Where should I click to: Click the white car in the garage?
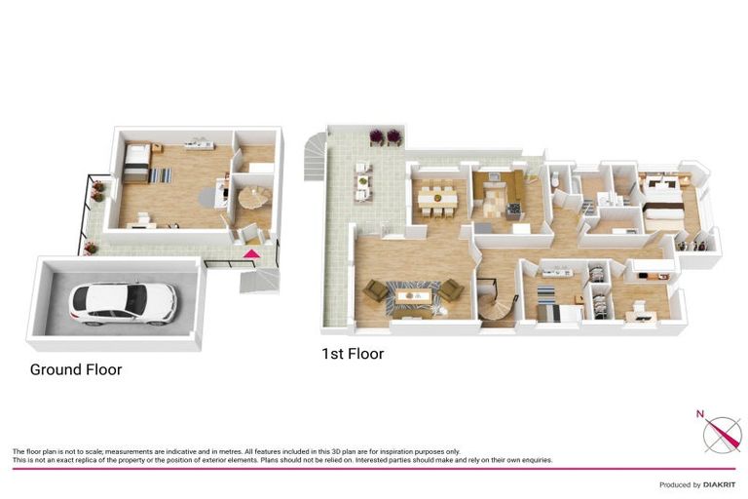[123, 302]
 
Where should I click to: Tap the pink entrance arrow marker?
[251, 254]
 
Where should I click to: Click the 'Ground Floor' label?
[76, 369]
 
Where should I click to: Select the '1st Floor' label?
[353, 354]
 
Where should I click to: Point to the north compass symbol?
[722, 432]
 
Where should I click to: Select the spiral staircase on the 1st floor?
[500, 310]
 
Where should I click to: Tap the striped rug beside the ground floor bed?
[161, 175]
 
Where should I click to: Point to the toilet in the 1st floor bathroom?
[553, 181]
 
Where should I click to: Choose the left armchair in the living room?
[374, 289]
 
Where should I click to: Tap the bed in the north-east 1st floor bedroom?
[665, 203]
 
